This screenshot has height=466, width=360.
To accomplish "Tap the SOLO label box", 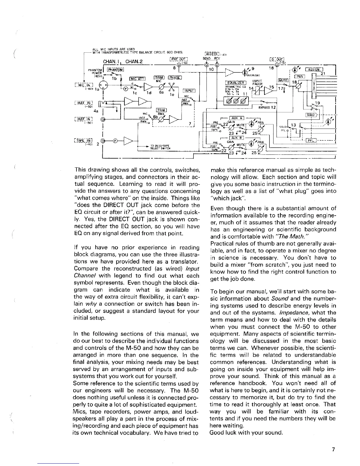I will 311,114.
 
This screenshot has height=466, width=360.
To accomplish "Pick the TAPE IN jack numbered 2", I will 103,140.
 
